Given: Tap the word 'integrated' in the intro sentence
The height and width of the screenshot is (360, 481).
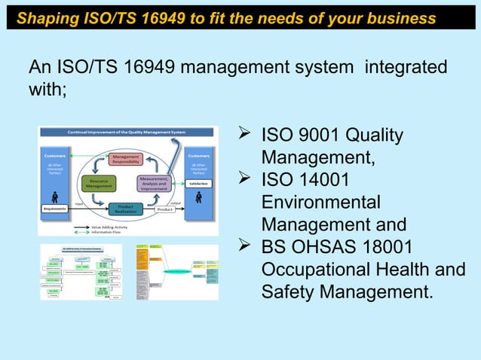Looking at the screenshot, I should click(405, 69).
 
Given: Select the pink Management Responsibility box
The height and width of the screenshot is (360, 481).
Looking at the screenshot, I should click(125, 158).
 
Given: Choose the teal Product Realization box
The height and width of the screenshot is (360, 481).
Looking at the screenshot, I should click(126, 209).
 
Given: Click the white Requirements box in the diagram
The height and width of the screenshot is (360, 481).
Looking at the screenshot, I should click(55, 209).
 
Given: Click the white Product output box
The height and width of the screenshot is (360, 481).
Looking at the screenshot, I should click(165, 209).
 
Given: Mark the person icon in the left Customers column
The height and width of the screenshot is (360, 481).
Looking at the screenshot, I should click(55, 196).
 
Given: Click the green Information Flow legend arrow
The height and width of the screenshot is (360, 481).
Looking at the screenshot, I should click(81, 230).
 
